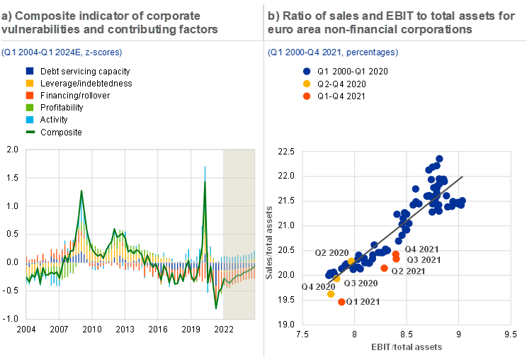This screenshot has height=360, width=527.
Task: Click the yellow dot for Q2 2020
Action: (x=351, y=261)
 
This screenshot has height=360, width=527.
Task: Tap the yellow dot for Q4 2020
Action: (x=331, y=293)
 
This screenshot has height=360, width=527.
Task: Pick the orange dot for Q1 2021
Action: (x=342, y=302)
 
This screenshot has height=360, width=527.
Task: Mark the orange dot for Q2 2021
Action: (x=385, y=268)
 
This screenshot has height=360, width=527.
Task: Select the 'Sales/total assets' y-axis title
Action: (x=270, y=242)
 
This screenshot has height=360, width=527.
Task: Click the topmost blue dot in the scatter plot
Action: (x=439, y=159)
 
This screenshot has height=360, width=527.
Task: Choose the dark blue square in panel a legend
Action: (x=30, y=71)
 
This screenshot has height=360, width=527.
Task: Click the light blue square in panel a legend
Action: (x=30, y=119)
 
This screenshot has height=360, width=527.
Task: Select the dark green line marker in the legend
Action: (x=30, y=131)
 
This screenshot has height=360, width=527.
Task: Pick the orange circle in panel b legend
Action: (x=307, y=96)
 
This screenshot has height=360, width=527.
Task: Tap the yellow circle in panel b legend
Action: (x=307, y=84)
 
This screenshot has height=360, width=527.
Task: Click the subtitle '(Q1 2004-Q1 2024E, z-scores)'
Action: (x=62, y=52)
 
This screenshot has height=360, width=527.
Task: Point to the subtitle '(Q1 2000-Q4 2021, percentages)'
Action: (x=333, y=52)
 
